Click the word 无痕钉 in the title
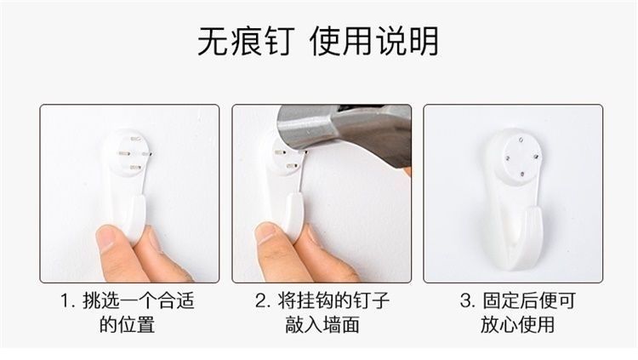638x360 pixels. (246, 41)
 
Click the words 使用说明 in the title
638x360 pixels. (374, 41)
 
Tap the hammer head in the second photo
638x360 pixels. (344, 130)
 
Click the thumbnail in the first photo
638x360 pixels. (105, 238)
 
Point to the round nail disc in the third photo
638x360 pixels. (522, 157)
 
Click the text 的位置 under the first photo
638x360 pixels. (128, 325)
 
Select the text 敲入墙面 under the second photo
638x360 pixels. (322, 325)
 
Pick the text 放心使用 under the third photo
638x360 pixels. (518, 325)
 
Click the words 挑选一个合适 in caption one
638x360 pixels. (139, 301)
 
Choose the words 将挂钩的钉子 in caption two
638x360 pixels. (333, 301)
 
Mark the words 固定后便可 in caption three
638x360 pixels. (529, 301)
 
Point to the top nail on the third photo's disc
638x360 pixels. (521, 141)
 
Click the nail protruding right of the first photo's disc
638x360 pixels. (147, 154)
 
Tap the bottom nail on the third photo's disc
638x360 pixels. (522, 174)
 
